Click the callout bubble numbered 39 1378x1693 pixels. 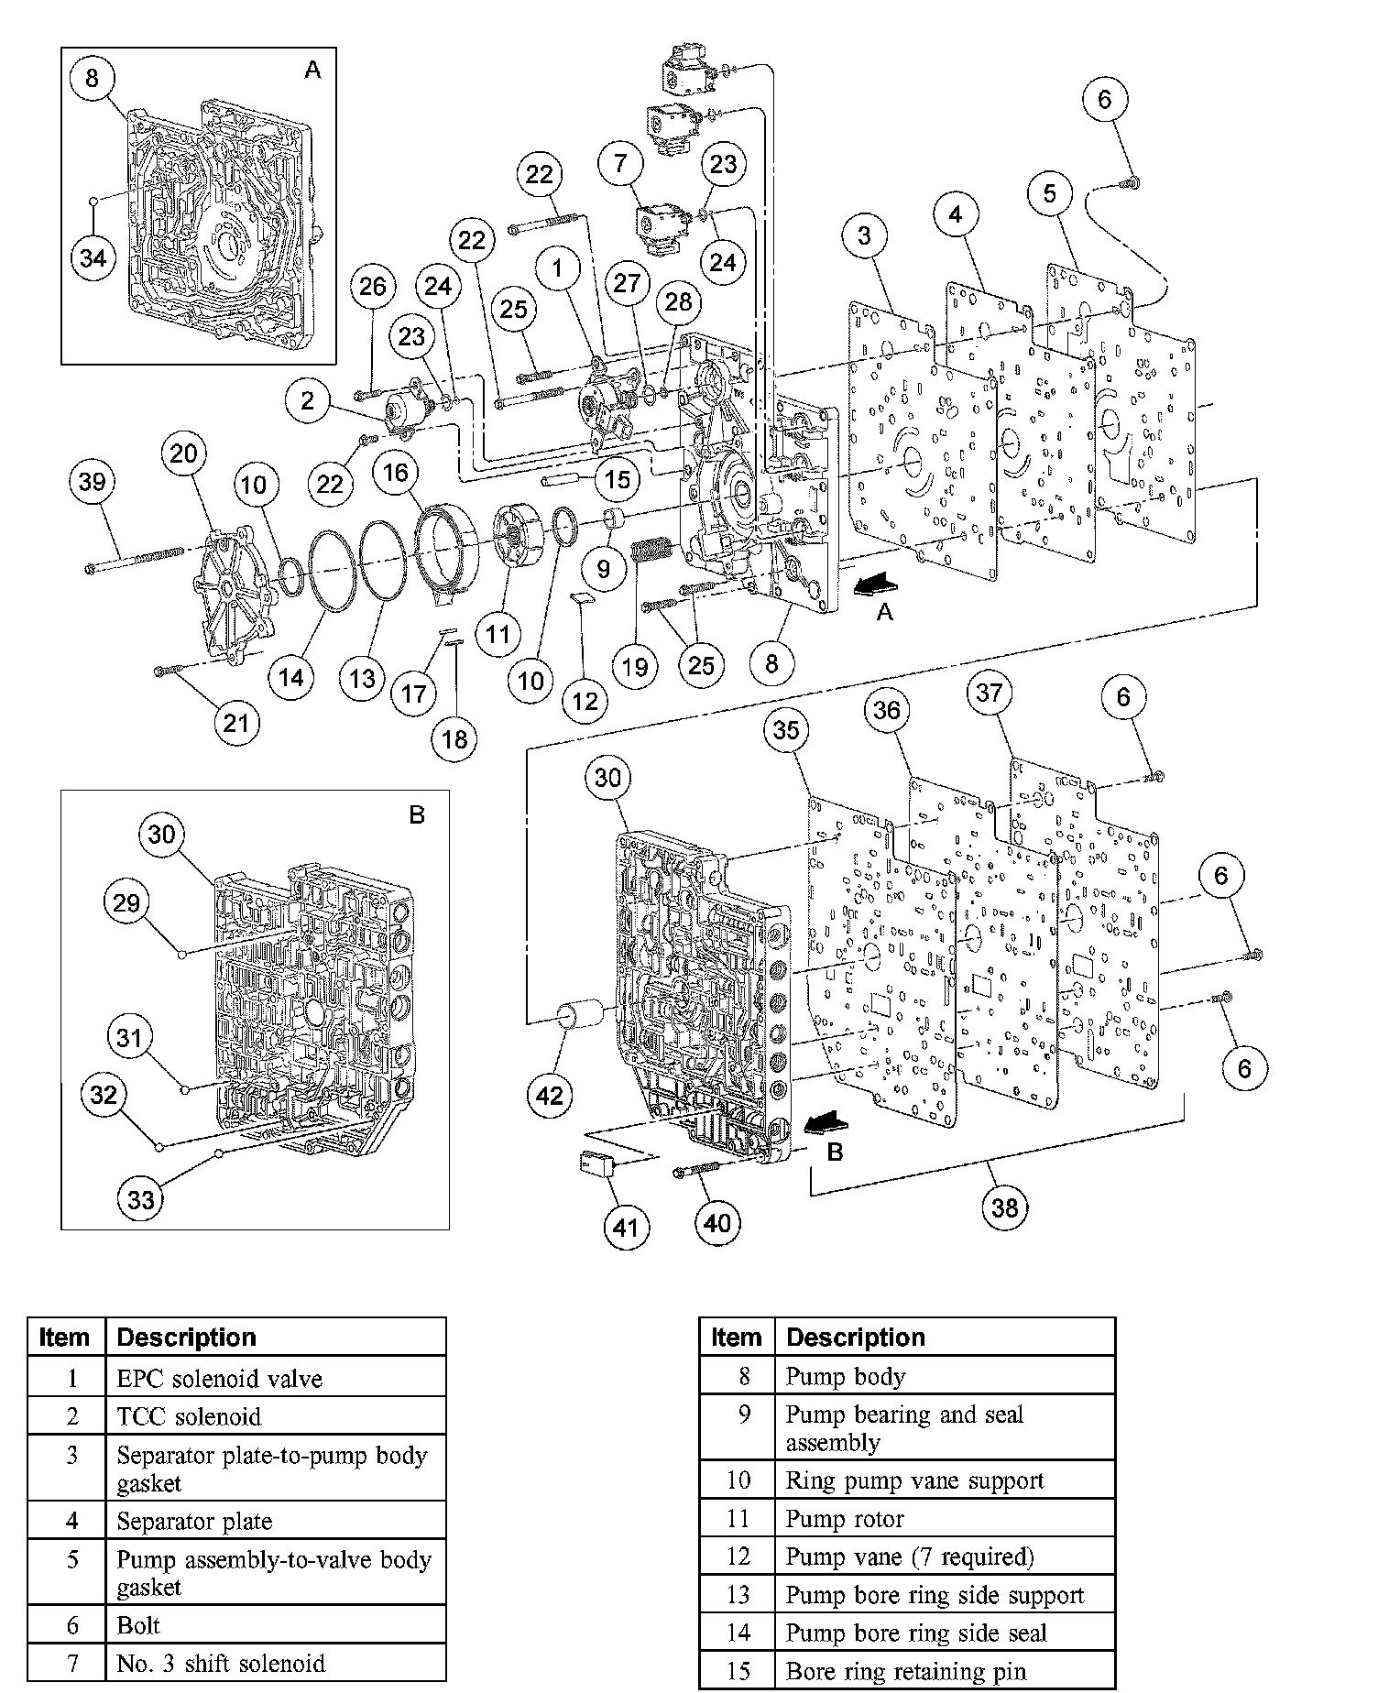[x=92, y=481]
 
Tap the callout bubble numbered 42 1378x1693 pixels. [x=550, y=1095]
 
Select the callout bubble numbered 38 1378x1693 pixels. [x=1005, y=1207]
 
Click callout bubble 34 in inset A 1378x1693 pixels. [x=93, y=258]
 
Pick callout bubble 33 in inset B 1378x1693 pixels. [x=141, y=1198]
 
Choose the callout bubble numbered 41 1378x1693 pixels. [x=624, y=1227]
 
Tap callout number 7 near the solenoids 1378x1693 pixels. [x=621, y=164]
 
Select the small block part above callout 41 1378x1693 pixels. [x=598, y=1164]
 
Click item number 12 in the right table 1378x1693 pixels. [x=738, y=1556]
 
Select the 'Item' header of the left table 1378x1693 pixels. [x=66, y=1338]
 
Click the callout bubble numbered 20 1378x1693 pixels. [x=183, y=453]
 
